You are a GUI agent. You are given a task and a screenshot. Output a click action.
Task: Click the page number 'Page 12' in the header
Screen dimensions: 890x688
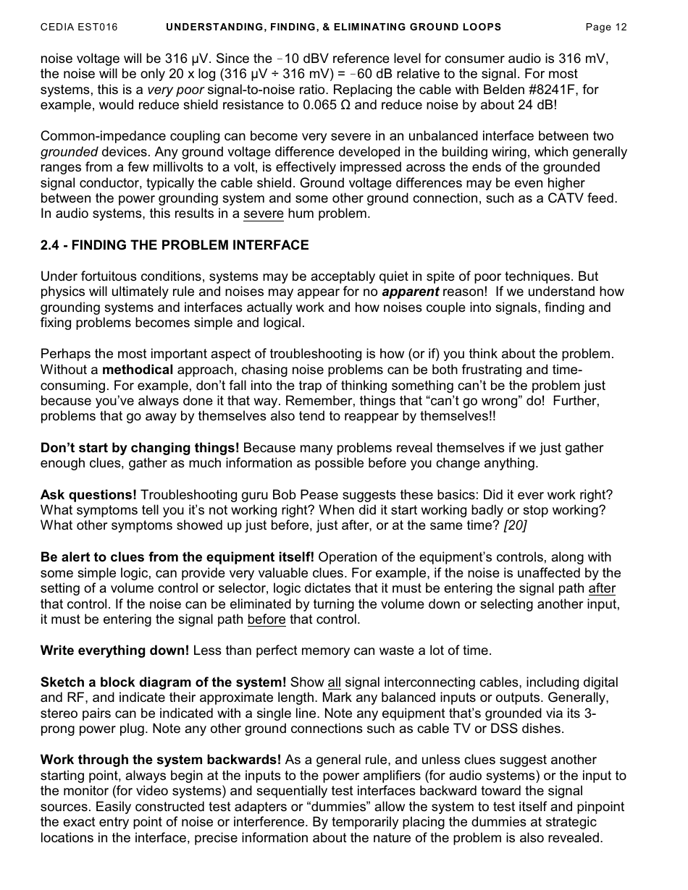(x=605, y=27)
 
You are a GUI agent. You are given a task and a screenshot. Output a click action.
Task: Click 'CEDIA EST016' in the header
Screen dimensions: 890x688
(x=79, y=27)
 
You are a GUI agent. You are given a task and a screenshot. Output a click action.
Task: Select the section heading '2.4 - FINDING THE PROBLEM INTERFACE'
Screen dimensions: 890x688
(x=175, y=245)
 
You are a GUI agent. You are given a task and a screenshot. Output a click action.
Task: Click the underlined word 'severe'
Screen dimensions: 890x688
(x=264, y=214)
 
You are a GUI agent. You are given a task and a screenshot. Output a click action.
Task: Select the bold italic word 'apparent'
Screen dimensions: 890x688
(x=410, y=292)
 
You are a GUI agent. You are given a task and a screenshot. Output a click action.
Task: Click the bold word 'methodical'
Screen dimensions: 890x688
(x=138, y=370)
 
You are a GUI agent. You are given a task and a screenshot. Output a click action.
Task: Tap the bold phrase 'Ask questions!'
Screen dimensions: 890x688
(x=88, y=495)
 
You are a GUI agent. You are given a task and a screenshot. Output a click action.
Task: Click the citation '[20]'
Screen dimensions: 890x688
(x=515, y=526)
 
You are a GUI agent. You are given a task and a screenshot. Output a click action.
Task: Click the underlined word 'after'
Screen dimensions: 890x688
(x=602, y=589)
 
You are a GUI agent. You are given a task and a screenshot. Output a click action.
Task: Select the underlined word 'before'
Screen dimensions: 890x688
(x=267, y=620)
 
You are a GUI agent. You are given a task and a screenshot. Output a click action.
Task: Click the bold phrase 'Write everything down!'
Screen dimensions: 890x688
(x=114, y=651)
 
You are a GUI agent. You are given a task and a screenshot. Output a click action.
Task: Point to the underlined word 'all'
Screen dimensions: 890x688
(x=334, y=682)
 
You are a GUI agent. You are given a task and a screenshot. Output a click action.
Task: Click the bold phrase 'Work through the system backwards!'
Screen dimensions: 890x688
(x=161, y=760)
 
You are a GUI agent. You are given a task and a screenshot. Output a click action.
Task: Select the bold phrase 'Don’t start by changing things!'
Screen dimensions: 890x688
(x=140, y=448)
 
